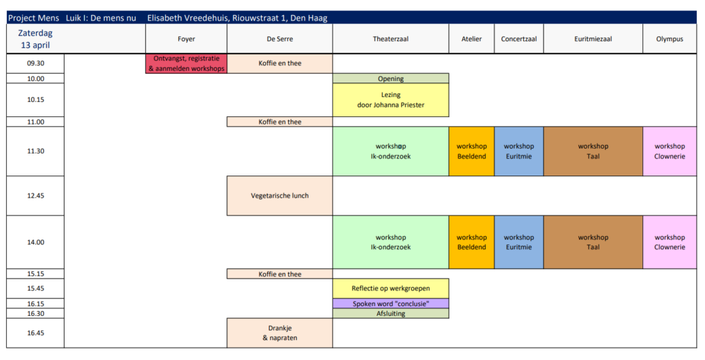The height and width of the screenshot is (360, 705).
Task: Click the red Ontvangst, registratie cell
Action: (187, 63)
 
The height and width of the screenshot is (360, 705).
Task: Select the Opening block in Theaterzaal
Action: (390, 78)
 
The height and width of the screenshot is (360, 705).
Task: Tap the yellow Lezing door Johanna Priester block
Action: (390, 100)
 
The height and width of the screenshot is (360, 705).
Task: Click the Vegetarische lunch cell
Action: (280, 195)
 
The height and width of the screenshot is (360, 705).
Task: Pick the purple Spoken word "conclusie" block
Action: (390, 303)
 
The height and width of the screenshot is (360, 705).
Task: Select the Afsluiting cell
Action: (390, 313)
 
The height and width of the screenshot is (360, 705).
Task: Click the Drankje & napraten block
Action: (280, 332)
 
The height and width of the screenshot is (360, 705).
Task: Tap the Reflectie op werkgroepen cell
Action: (390, 288)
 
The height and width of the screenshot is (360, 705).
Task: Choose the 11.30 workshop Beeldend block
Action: (472, 151)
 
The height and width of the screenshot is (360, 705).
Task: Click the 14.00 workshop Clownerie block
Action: (669, 242)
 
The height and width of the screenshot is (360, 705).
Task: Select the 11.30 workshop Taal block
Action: (593, 151)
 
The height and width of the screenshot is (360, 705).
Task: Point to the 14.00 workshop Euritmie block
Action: (518, 242)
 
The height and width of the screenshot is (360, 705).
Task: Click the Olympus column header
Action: (669, 39)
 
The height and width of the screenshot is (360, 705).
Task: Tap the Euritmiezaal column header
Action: (593, 39)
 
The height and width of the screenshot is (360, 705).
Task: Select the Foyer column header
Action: (187, 39)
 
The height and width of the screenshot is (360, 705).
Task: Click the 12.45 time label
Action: (36, 195)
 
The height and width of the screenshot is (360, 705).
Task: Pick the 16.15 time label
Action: (36, 303)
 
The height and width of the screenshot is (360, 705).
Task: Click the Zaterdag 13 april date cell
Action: (36, 39)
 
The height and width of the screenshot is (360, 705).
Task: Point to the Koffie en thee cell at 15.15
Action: (280, 274)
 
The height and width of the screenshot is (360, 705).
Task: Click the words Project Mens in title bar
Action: (33, 18)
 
